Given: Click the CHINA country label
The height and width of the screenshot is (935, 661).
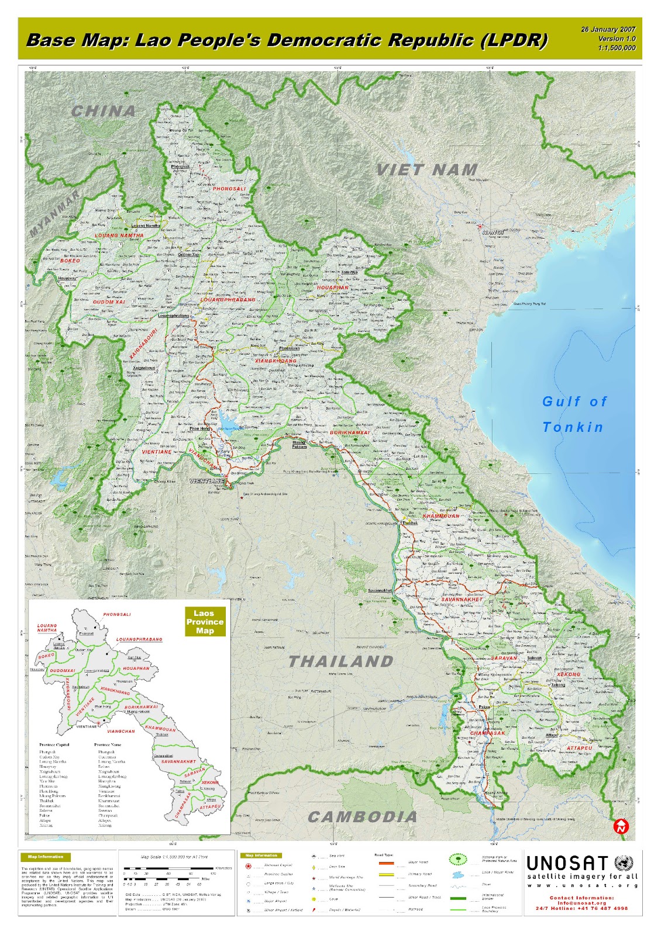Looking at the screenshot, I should click(x=104, y=110).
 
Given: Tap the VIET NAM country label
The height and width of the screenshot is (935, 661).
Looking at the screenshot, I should click(x=427, y=170).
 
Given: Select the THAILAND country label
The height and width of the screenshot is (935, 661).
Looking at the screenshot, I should click(x=341, y=662).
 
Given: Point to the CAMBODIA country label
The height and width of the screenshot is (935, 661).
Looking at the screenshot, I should click(x=363, y=817).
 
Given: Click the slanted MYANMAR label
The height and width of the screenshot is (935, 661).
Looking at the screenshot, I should click(x=55, y=213).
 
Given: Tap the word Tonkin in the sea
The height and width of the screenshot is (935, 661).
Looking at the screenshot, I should click(x=573, y=427).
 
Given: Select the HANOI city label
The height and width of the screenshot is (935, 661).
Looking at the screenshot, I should click(x=494, y=232).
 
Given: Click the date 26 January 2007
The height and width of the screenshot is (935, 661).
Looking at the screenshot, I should click(x=608, y=29).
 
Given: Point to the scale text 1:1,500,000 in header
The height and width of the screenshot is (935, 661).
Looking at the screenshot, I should click(x=617, y=48).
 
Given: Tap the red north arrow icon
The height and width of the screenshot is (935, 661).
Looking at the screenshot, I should click(x=621, y=826).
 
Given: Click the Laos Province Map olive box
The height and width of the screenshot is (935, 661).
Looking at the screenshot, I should click(x=205, y=622).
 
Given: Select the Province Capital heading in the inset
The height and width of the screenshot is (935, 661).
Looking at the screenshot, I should click(x=54, y=744).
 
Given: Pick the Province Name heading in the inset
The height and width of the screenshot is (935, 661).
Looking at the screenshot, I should click(x=108, y=744).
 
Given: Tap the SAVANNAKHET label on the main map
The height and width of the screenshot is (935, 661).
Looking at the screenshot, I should click(x=462, y=600).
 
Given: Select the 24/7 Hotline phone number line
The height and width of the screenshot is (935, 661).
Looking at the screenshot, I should click(x=581, y=908).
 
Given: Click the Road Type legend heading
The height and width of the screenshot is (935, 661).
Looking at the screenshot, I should click(x=384, y=855).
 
